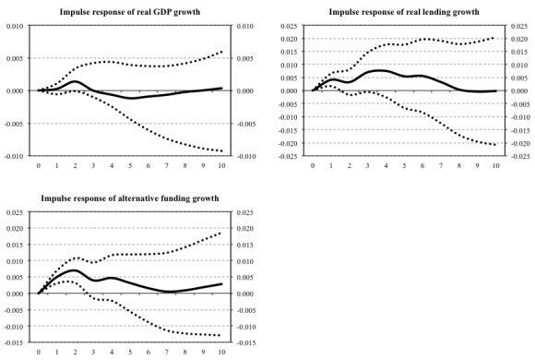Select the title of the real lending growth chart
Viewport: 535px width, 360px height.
pyautogui.click(x=405, y=11)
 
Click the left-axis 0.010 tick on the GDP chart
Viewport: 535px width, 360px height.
pyautogui.click(x=16, y=26)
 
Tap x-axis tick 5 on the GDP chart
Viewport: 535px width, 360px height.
pyautogui.click(x=129, y=167)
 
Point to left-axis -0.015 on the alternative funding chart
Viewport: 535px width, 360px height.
pyautogui.click(x=15, y=342)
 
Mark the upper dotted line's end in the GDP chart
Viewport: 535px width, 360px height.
pyautogui.click(x=220, y=53)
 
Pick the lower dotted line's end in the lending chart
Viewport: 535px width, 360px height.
pyautogui.click(x=495, y=145)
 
